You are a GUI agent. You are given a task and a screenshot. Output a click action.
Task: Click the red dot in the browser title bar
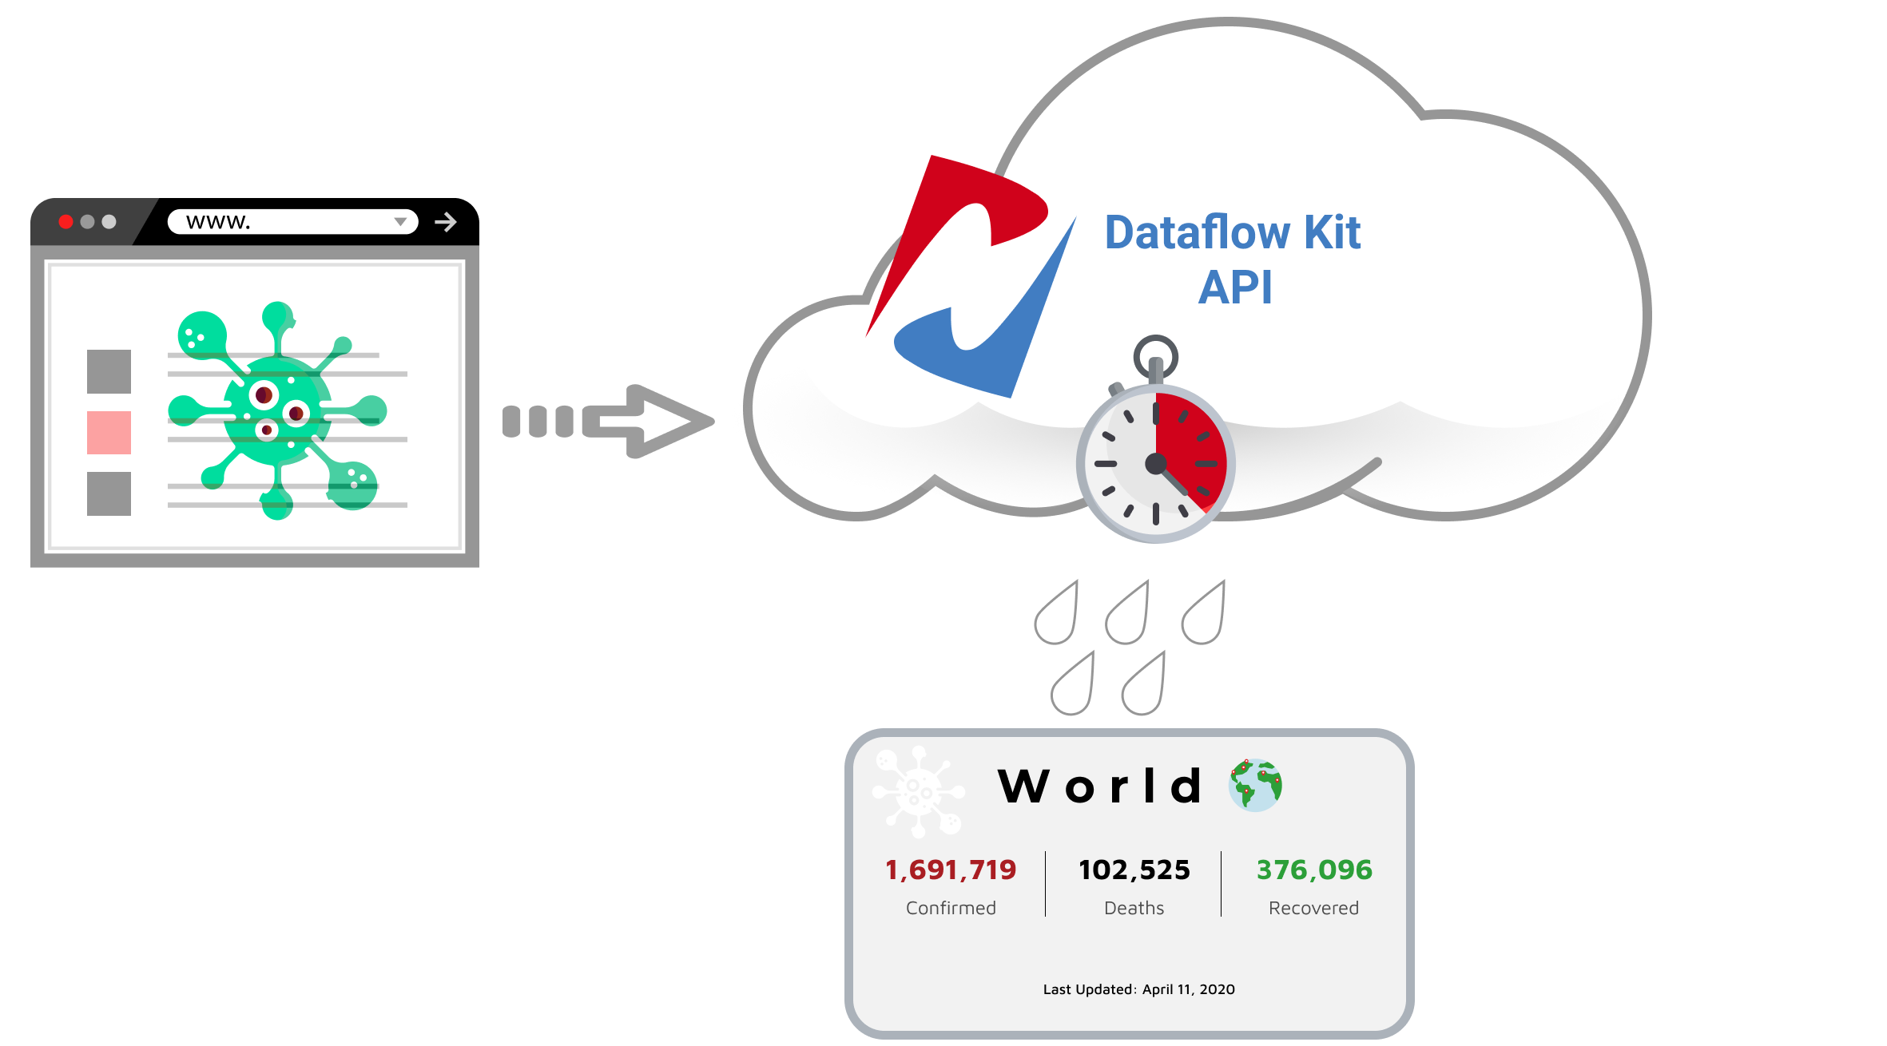[66, 222]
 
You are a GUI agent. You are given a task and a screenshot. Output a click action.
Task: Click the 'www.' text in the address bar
[218, 222]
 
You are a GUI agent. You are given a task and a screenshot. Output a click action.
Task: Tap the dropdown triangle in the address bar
[400, 222]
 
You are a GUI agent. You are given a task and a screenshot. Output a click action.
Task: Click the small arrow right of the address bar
[446, 222]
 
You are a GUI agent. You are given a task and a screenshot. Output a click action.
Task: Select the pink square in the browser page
[109, 433]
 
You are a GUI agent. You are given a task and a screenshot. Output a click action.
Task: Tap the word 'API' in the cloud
[1234, 287]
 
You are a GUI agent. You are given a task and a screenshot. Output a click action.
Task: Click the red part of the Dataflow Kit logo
[959, 216]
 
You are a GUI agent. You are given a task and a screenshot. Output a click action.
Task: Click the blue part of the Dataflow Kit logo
[1007, 335]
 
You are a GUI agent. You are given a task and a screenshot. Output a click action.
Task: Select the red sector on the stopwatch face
[1194, 447]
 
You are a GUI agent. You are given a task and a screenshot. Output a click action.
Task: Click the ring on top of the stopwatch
[1155, 355]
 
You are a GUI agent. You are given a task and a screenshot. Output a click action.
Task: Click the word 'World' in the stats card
[1100, 786]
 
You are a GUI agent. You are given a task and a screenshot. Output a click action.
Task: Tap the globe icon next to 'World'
[1255, 786]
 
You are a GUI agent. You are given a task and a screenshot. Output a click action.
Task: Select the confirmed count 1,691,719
[951, 870]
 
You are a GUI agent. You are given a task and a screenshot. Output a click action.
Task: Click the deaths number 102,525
[1134, 870]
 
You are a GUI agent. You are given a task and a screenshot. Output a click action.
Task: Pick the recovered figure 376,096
[1314, 870]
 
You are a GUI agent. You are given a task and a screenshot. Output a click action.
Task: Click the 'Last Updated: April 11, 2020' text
[1138, 989]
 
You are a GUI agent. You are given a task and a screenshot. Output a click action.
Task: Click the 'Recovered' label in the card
[1313, 908]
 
